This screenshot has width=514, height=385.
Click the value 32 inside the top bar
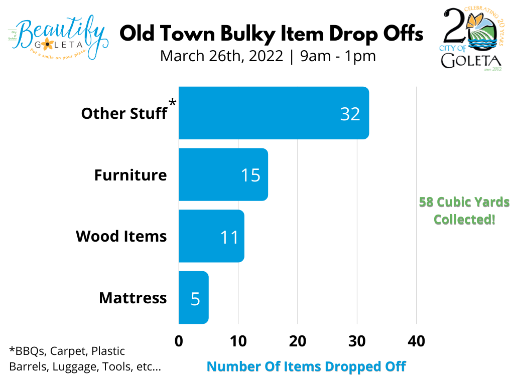350,114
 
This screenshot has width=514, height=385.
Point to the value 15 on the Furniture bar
250,175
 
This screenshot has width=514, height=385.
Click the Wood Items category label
121,236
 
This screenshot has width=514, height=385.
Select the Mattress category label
133,298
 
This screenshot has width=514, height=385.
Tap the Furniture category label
131,175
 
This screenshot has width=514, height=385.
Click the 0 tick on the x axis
179,341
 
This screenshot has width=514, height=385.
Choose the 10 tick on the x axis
238,341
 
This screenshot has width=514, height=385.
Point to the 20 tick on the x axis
297,341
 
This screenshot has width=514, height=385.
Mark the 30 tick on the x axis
357,341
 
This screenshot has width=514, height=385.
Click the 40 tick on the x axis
416,341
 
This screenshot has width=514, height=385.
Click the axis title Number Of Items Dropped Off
306,366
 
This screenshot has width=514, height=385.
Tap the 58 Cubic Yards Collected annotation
464,211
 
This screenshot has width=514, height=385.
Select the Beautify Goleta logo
58,35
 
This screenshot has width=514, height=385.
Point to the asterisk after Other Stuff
173,103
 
